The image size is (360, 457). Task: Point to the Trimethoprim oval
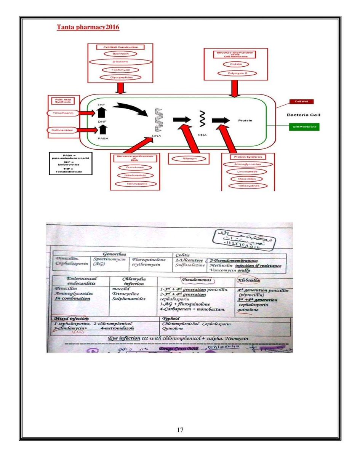pos(63,113)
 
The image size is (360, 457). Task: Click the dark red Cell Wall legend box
pos(301,102)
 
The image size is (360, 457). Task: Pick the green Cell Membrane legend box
pos(304,126)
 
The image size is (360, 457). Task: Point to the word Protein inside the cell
pos(245,120)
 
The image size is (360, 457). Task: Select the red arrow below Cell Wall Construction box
pos(120,89)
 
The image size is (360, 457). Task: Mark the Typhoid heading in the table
pos(171,318)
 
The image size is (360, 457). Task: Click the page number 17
pos(180,430)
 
